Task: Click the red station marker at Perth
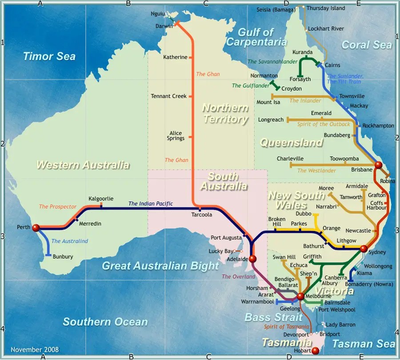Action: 36,228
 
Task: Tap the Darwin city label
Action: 164,26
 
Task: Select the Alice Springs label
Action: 176,136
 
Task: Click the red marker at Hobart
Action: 316,351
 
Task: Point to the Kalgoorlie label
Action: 101,199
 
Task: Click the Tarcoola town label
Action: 201,215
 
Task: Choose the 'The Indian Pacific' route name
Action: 150,204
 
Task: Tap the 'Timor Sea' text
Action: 49,56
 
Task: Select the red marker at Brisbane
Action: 378,165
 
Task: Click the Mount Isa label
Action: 268,102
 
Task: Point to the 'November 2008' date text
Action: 35,350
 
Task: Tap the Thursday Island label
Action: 325,8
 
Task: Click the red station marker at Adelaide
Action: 253,259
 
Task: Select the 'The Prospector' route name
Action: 58,207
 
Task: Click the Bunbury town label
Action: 63,256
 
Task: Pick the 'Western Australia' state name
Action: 83,165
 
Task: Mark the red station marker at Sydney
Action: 364,248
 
